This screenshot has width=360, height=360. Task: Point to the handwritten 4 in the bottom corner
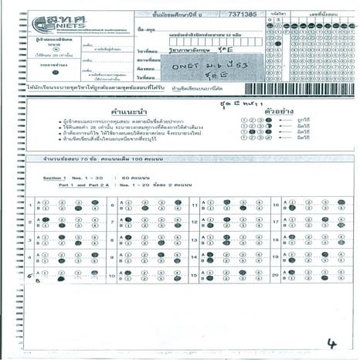pos(331,343)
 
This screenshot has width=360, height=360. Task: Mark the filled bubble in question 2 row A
pos(46,219)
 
